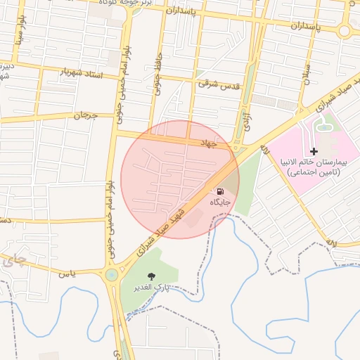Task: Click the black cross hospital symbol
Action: [x=314, y=151]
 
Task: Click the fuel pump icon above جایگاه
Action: [x=220, y=191]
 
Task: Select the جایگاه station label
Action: [x=220, y=202]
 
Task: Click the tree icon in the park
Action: [x=149, y=276]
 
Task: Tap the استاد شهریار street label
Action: [x=79, y=73]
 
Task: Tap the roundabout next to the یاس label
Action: [x=111, y=274]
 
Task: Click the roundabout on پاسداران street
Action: [x=345, y=31]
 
